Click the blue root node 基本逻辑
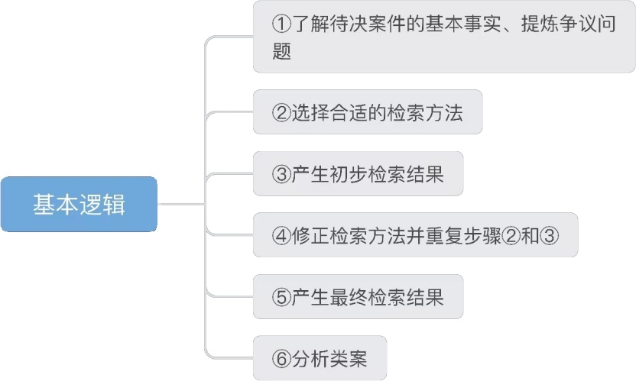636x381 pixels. point(79,205)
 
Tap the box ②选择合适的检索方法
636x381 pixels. point(368,112)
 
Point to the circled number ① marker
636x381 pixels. point(281,24)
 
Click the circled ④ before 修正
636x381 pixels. point(280,235)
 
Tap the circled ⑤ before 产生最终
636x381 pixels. point(280,296)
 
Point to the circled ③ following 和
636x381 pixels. point(550,235)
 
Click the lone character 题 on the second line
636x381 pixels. point(281,52)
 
